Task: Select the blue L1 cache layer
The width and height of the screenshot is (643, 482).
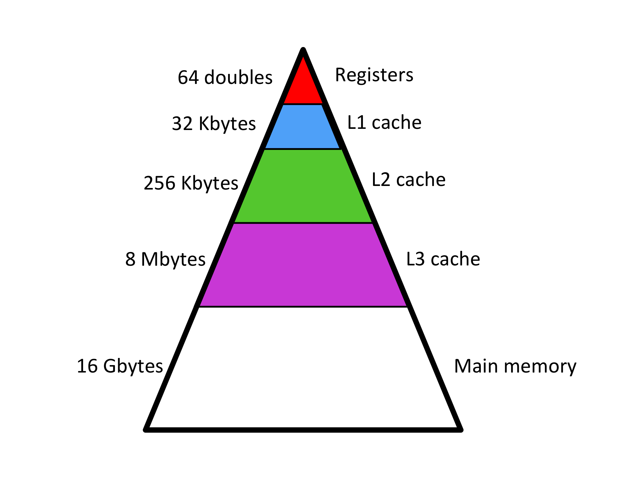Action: pyautogui.click(x=302, y=126)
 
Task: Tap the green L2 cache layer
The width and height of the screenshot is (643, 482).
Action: pyautogui.click(x=303, y=186)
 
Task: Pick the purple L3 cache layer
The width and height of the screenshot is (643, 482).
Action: pyautogui.click(x=303, y=265)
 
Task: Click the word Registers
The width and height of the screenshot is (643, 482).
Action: pyautogui.click(x=374, y=75)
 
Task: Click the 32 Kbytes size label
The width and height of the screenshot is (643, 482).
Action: pyautogui.click(x=214, y=124)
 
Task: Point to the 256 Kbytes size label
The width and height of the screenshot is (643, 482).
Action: pyautogui.click(x=191, y=183)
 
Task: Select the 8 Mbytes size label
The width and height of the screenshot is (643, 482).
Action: pyautogui.click(x=165, y=260)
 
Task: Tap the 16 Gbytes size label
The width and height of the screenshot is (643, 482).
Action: pyautogui.click(x=120, y=367)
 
